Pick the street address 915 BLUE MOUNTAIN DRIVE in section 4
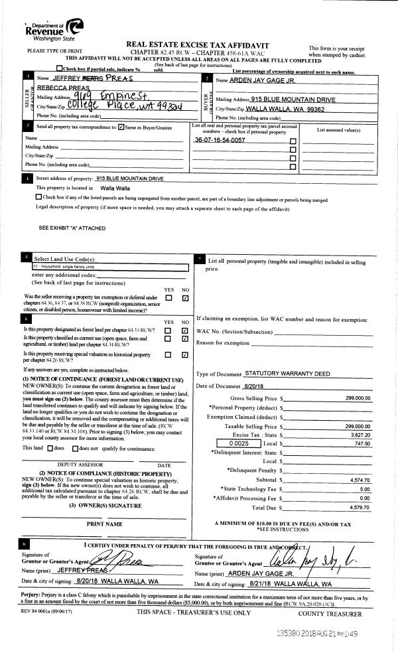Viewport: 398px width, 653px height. point(129,178)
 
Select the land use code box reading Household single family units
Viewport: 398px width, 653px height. point(110,267)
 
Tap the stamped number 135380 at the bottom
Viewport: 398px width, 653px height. point(289,633)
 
